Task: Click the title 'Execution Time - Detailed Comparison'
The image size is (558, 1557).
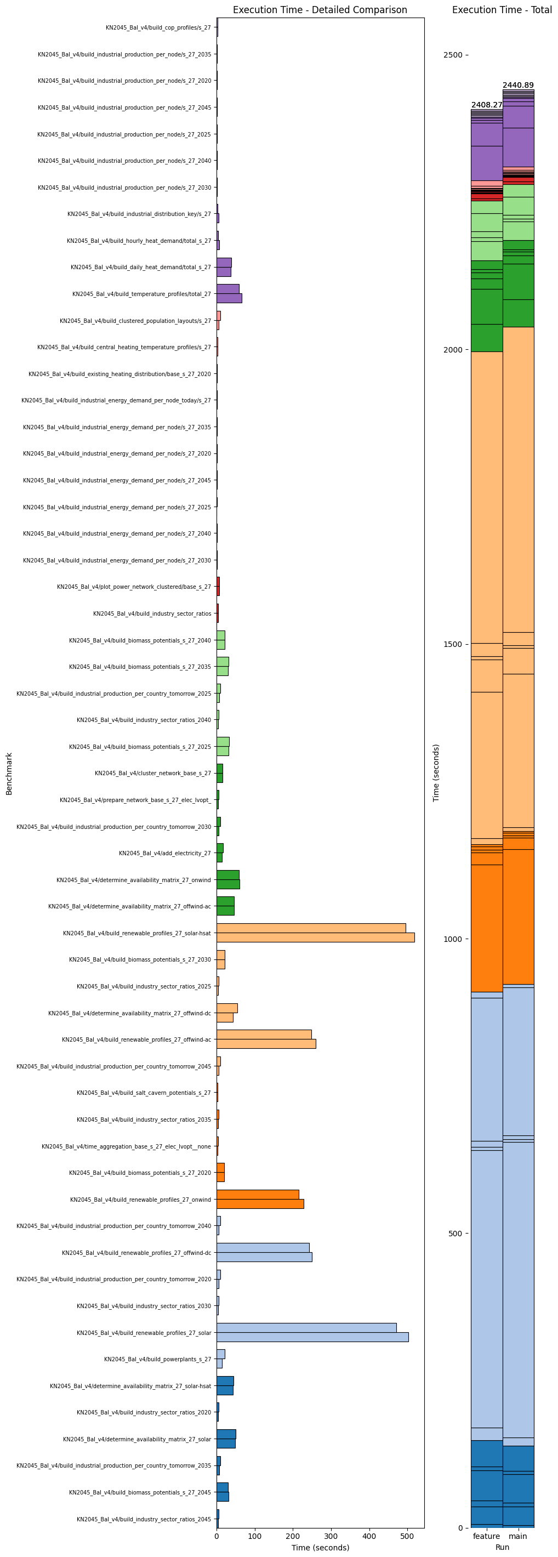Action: [320, 10]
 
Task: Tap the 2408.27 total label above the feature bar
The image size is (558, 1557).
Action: [487, 105]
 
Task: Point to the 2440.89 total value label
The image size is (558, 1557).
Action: [518, 85]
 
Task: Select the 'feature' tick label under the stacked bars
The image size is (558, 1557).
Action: [487, 1536]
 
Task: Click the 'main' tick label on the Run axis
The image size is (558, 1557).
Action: [518, 1536]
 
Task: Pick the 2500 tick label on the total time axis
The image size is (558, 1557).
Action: [453, 55]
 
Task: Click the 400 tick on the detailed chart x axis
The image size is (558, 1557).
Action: [369, 1536]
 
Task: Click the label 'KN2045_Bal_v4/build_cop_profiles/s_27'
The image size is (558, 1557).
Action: [158, 28]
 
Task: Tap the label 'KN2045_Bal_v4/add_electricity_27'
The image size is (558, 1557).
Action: [165, 854]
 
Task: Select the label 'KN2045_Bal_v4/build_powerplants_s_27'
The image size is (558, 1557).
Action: [158, 1359]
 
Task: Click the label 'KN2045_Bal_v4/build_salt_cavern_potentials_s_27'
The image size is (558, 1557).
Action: [144, 1093]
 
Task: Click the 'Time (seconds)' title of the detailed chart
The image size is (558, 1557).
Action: [320, 1547]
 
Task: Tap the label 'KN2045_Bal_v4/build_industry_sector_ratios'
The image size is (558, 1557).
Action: [152, 613]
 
